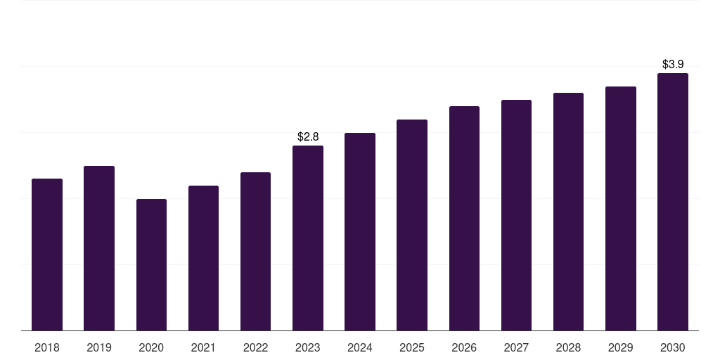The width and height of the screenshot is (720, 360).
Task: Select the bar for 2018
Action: coord(47,255)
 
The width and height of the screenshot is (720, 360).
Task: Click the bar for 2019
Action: coord(99,248)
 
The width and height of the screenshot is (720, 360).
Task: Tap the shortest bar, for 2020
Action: coord(152,264)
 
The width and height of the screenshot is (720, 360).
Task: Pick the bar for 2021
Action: coord(203,258)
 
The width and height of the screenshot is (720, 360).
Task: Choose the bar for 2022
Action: coord(255,251)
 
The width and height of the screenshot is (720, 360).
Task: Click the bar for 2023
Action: coord(308,238)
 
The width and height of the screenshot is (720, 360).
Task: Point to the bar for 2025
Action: coord(412,225)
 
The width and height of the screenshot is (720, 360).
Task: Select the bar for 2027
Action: coord(516,215)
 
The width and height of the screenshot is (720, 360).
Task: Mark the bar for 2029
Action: coord(620,208)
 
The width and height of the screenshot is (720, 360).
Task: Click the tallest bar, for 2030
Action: coord(673,202)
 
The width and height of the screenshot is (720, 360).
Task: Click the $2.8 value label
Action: coord(308,136)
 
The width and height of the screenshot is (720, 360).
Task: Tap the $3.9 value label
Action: coord(673,64)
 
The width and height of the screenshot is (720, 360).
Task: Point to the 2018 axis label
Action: coord(47,347)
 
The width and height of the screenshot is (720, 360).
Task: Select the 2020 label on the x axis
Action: coord(151,347)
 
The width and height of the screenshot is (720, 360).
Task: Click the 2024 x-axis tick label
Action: coord(359,347)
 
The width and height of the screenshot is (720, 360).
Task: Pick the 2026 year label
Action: coord(464,347)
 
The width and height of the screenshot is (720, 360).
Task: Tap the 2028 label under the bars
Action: coord(568,347)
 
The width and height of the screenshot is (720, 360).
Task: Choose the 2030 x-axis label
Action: coord(672,347)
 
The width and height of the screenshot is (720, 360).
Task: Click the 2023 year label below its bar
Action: coord(308,347)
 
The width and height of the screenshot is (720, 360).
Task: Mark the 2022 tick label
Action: coord(255,347)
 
